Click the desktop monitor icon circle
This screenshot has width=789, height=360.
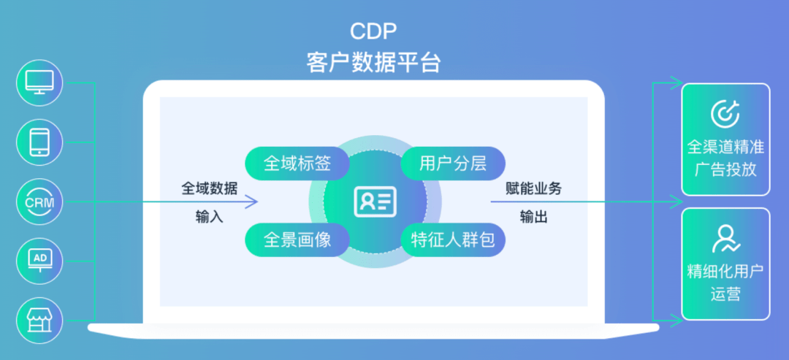tap(39, 83)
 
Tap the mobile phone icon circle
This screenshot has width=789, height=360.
tap(39, 142)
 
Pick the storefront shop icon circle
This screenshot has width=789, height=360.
tap(39, 320)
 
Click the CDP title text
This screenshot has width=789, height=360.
tap(373, 32)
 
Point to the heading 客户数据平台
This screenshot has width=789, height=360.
tap(373, 62)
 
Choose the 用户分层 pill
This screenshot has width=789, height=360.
tap(453, 163)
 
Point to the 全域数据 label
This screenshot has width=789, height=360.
tap(210, 188)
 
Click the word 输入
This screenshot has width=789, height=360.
tap(210, 217)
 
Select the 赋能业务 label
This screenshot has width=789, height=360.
tap(534, 188)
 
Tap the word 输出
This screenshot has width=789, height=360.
tap(534, 217)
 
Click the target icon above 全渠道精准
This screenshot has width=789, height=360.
tap(725, 112)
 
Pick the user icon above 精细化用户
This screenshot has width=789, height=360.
tap(725, 239)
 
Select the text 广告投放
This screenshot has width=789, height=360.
tap(725, 169)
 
